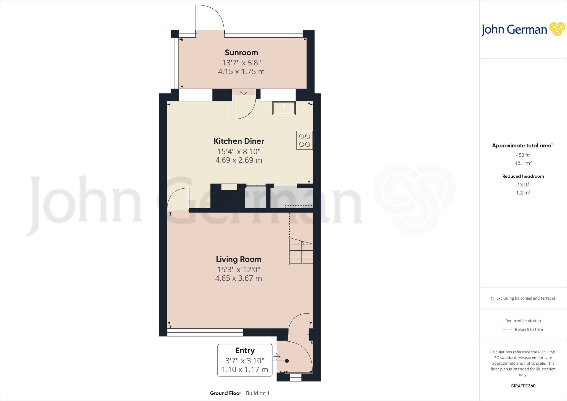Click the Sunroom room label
(x=241, y=53)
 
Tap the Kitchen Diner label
(x=239, y=141)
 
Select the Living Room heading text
(x=238, y=259)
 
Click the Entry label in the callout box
(x=245, y=351)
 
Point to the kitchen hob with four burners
(x=305, y=140)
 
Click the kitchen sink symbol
(x=284, y=108)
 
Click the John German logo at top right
(x=523, y=29)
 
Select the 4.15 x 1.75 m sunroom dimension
(x=241, y=72)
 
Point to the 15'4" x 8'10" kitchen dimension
(x=239, y=151)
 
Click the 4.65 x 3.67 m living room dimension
(x=238, y=278)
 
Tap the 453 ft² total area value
(x=523, y=155)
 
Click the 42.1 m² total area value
(x=523, y=163)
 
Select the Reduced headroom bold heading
(x=523, y=176)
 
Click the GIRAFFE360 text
(x=523, y=386)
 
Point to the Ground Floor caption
(x=225, y=393)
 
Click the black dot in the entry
(x=287, y=361)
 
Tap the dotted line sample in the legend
(x=507, y=330)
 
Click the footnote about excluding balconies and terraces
(x=523, y=298)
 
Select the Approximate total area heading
(x=522, y=146)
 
